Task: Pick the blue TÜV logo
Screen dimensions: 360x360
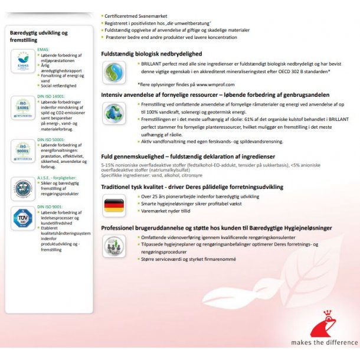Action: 23,219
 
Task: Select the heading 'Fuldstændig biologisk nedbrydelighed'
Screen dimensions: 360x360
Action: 152,54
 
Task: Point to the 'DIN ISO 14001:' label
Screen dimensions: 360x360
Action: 51,96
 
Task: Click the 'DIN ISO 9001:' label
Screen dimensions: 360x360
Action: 50,207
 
